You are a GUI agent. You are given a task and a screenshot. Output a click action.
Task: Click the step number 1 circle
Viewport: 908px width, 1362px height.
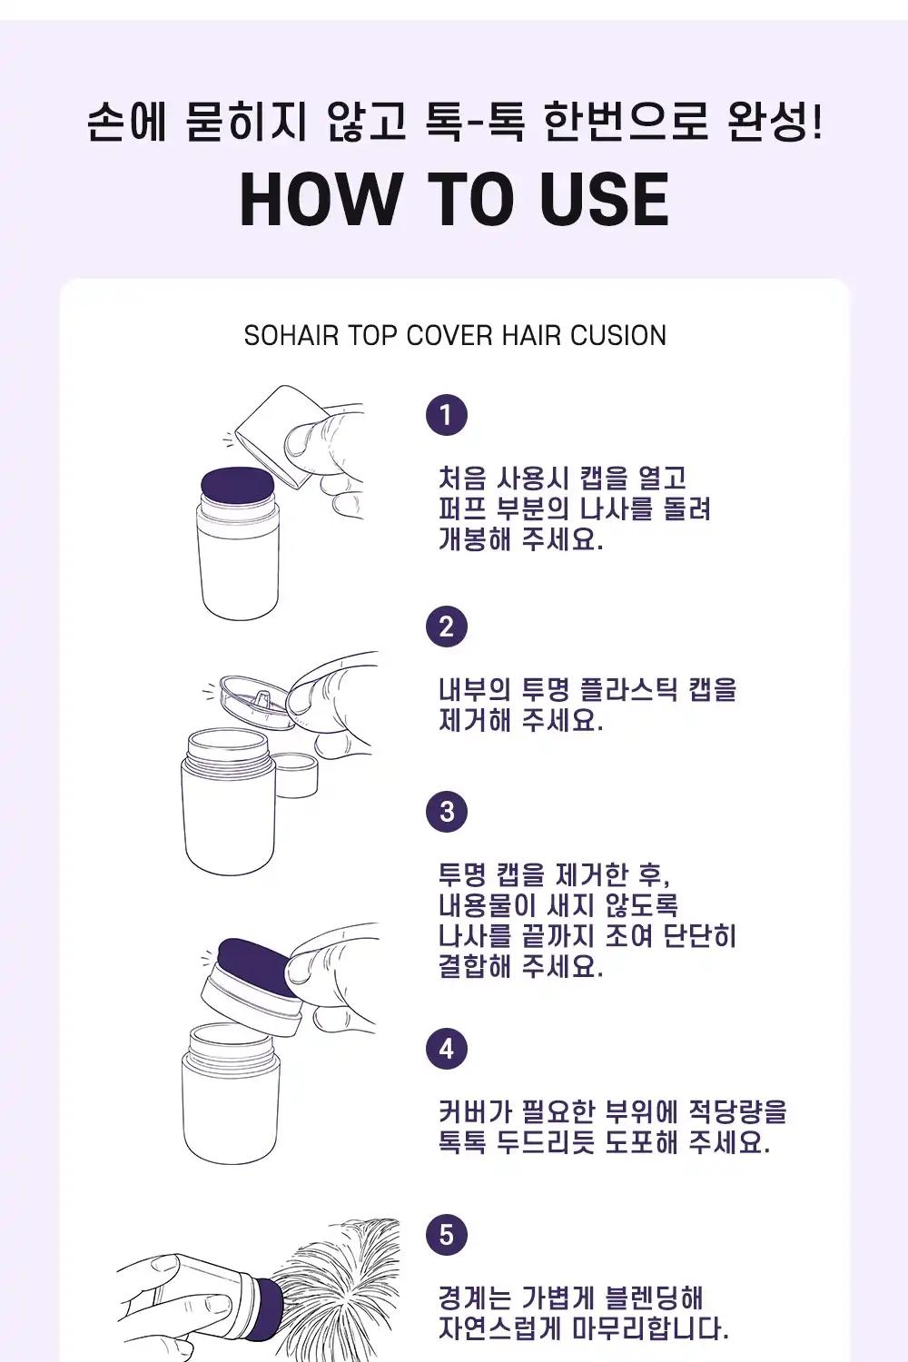click(447, 415)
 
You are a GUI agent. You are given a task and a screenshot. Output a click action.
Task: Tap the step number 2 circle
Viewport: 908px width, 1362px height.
click(447, 627)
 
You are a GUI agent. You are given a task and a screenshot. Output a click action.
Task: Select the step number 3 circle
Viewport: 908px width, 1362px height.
click(447, 812)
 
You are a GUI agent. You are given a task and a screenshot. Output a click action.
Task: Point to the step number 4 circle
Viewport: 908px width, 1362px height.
click(447, 1050)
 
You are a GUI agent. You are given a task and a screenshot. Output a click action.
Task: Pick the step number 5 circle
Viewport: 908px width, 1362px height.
click(447, 1236)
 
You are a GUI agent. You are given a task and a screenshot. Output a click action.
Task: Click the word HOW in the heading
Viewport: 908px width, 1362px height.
click(319, 200)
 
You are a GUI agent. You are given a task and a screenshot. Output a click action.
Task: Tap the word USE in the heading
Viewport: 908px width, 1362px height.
click(604, 200)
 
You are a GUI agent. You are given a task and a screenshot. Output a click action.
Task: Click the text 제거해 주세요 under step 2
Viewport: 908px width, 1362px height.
click(520, 721)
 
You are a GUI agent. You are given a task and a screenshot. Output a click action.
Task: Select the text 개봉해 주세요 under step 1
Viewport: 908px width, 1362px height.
click(520, 539)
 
